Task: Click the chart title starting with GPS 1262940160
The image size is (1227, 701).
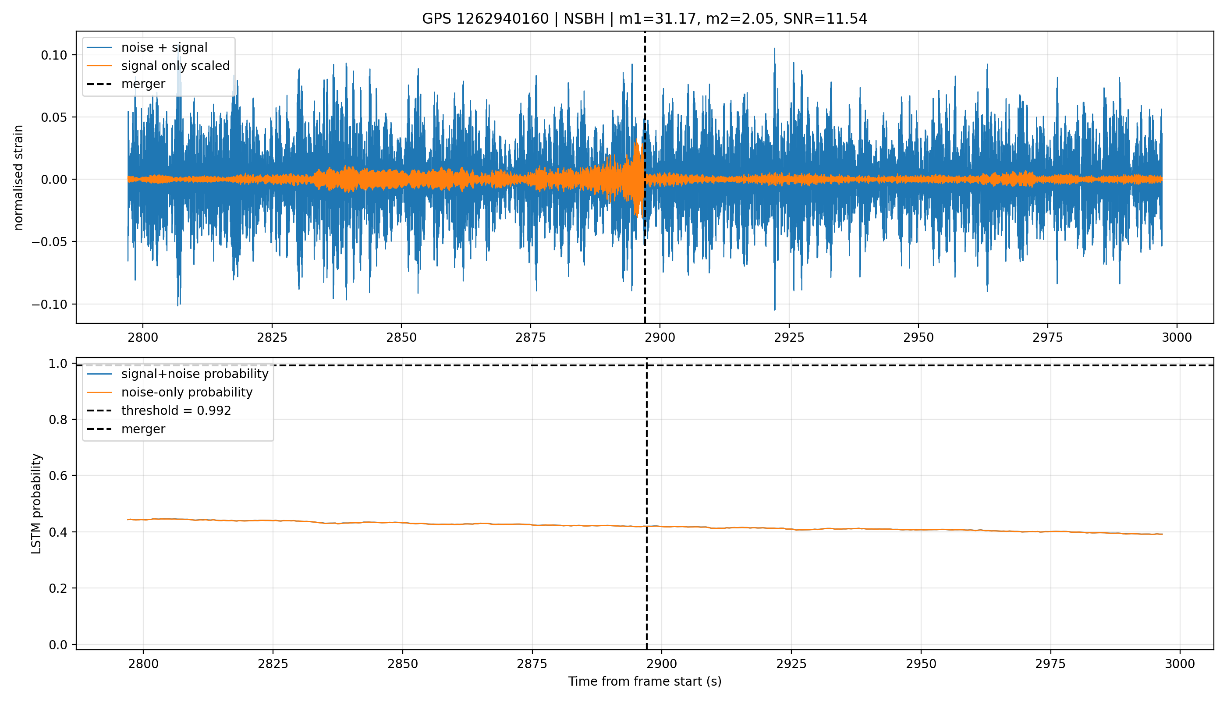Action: point(644,19)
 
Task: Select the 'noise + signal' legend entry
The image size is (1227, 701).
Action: point(147,47)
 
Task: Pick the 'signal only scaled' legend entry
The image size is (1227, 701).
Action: point(158,65)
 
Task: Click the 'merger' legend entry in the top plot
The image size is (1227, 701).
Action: point(126,84)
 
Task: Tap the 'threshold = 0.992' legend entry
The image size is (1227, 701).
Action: point(159,411)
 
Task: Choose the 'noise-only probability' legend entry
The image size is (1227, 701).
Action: point(170,393)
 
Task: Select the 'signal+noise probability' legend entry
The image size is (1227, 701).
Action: point(177,374)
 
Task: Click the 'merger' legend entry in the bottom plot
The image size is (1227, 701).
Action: point(126,429)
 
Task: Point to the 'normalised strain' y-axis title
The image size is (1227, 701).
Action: point(18,177)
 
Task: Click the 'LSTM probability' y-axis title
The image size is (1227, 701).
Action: point(37,503)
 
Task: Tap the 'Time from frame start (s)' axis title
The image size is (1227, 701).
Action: point(645,681)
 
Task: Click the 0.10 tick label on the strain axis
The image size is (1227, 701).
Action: point(53,55)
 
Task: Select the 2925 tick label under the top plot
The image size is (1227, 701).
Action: point(789,337)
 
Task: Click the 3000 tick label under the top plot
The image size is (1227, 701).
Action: point(1177,337)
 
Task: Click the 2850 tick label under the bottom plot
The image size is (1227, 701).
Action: point(403,664)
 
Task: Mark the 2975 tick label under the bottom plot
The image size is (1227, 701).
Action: point(1051,664)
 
